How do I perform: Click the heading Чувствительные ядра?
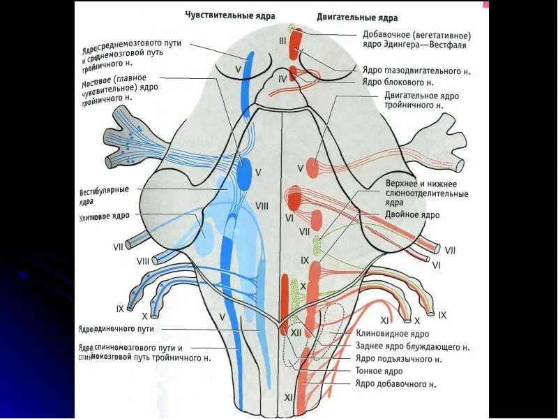point(230,15)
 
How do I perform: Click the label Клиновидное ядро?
point(391,334)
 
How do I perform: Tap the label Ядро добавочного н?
point(395,383)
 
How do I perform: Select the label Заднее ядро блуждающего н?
point(412,346)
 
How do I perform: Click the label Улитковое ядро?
point(103,217)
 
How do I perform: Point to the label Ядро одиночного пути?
point(116,328)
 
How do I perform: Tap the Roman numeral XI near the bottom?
point(289,397)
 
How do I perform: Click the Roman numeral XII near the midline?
point(296,333)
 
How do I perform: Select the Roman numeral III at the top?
point(282,41)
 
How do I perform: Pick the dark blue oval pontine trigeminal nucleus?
point(245,171)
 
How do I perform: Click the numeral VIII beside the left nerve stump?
point(143,260)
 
